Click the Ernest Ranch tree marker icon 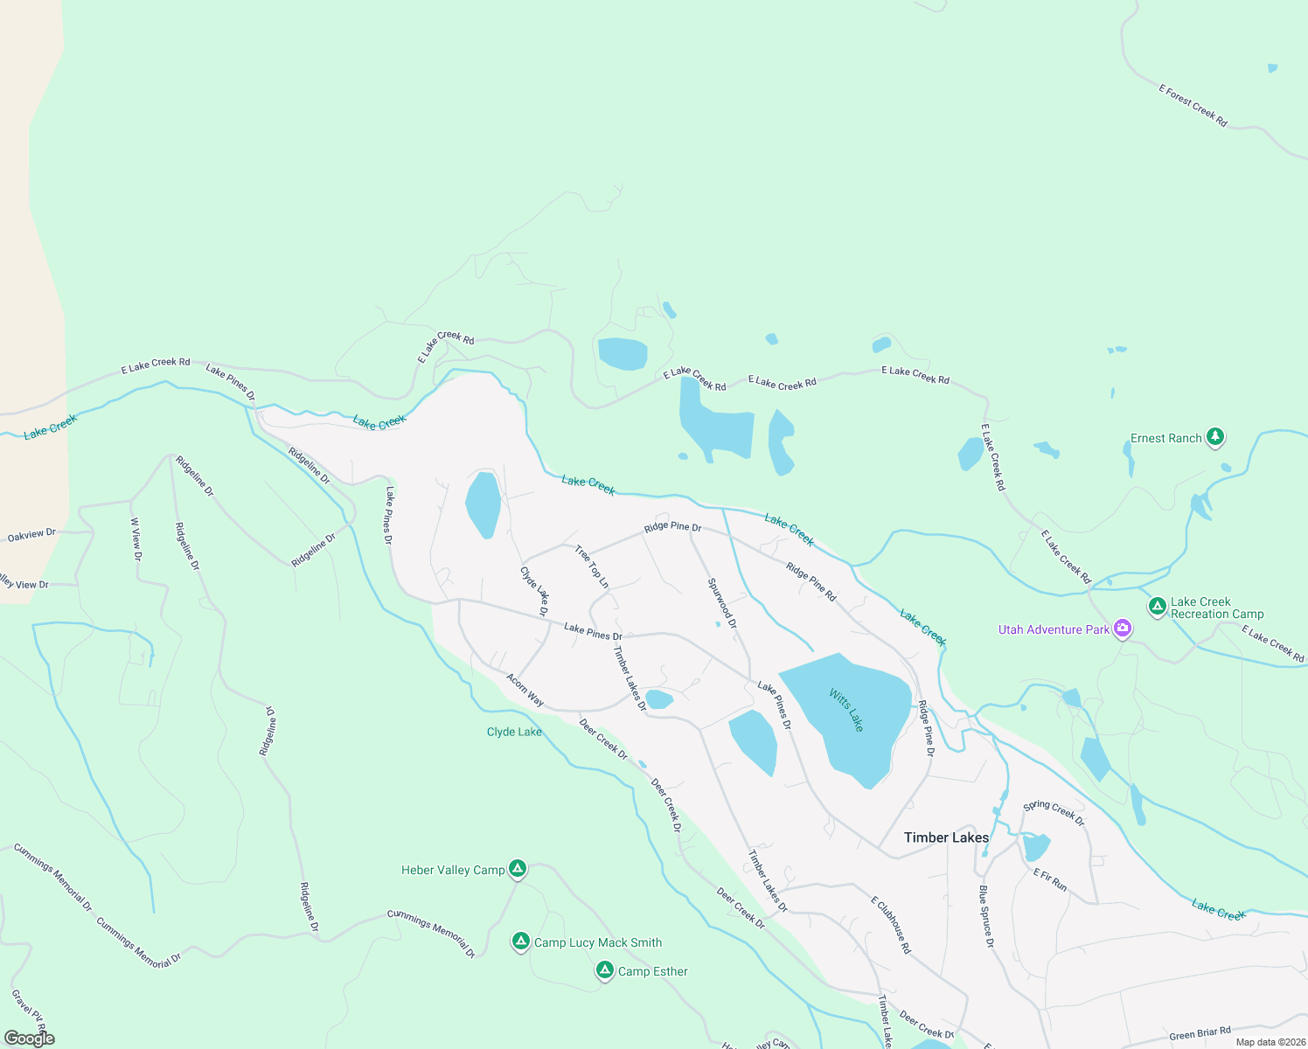[x=1214, y=436]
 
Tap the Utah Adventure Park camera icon [x=1124, y=629]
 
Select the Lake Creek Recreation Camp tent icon [x=1157, y=606]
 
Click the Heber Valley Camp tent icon [x=518, y=869]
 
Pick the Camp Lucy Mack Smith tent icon [x=521, y=941]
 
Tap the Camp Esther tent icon [x=604, y=970]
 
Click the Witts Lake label [x=845, y=711]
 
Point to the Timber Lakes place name [x=946, y=837]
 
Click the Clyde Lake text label [x=514, y=732]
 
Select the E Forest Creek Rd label [x=1193, y=106]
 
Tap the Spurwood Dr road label [x=722, y=603]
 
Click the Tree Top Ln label [x=592, y=566]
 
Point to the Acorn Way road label [x=525, y=690]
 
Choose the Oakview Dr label [x=31, y=535]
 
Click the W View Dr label [x=136, y=538]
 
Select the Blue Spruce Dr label [x=986, y=916]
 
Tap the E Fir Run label [x=1050, y=879]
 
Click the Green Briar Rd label [x=1200, y=1033]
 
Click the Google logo [x=29, y=1039]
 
